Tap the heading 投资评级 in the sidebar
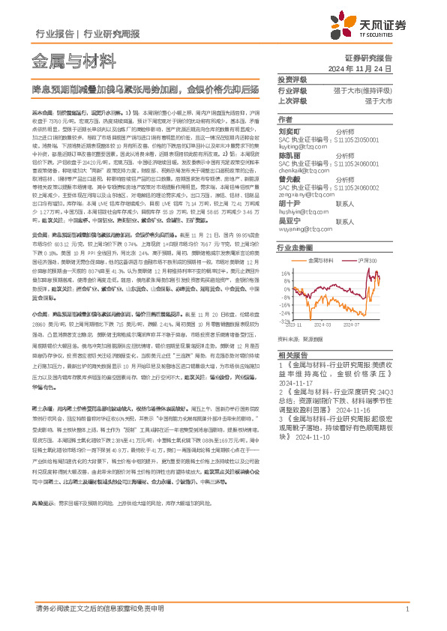(x=292, y=79)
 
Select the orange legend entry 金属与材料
(x=322, y=259)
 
